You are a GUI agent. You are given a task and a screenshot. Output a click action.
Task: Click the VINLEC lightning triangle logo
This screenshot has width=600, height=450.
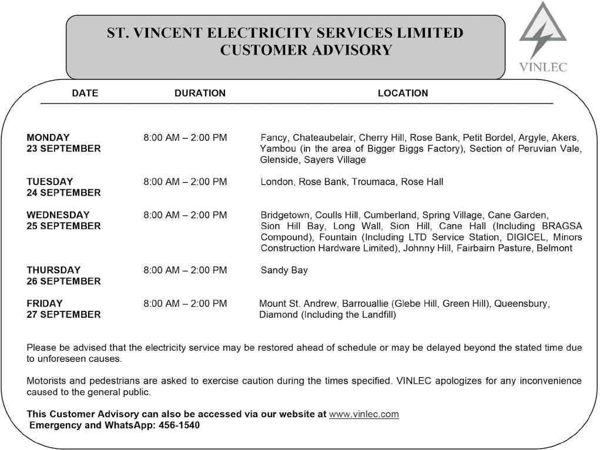(543, 32)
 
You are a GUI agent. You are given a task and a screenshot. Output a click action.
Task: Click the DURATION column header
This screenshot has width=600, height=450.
(200, 93)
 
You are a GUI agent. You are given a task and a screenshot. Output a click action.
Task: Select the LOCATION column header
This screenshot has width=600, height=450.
(403, 93)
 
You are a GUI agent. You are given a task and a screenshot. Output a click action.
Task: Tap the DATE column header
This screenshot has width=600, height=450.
(85, 93)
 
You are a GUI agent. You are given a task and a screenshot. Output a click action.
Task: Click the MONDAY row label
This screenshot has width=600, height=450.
(48, 137)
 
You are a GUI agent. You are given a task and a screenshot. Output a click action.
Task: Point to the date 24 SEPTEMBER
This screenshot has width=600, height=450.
(63, 193)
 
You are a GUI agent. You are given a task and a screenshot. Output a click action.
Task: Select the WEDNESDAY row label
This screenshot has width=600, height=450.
(58, 215)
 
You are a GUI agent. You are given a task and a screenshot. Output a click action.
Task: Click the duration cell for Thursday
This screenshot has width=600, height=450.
(185, 270)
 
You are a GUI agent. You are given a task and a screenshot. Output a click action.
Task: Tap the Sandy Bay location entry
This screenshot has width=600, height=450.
(284, 270)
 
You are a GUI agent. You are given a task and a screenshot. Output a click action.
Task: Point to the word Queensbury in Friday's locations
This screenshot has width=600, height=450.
(521, 304)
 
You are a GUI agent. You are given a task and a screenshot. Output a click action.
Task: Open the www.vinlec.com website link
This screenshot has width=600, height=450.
(364, 414)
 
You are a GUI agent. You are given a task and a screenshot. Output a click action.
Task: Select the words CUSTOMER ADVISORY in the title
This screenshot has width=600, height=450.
(306, 51)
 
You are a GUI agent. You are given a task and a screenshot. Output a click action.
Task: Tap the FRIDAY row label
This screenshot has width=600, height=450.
(45, 304)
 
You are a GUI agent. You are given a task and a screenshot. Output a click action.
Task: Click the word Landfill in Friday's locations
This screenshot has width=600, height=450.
(379, 315)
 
